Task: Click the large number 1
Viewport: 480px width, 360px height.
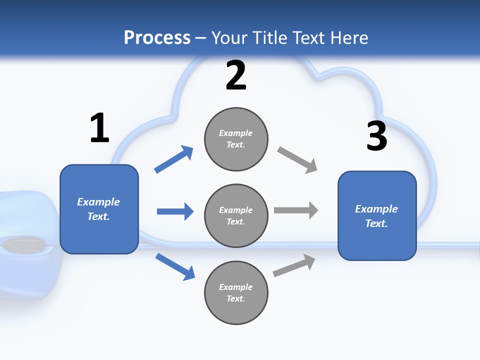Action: [x=99, y=128]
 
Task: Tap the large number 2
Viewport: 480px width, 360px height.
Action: [x=236, y=76]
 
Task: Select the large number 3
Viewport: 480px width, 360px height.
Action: [x=376, y=136]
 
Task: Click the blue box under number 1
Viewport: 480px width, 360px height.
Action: [x=99, y=209]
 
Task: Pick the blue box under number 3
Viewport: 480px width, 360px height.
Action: [x=377, y=216]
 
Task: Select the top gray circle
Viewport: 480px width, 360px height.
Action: [x=236, y=139]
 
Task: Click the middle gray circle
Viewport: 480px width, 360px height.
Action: [x=236, y=216]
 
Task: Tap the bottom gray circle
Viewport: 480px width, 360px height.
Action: [x=236, y=293]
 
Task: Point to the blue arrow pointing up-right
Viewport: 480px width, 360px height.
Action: [x=174, y=159]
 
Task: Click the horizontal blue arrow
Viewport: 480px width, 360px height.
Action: [x=175, y=211]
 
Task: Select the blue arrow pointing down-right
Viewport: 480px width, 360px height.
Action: [x=175, y=266]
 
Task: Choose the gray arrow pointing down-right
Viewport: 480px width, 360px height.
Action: [x=297, y=160]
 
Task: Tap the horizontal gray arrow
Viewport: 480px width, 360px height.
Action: [x=296, y=210]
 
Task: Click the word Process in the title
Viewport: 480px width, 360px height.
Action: [x=157, y=37]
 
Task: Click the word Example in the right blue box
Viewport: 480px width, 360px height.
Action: [x=376, y=209]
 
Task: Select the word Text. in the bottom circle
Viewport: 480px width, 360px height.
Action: [x=236, y=298]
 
